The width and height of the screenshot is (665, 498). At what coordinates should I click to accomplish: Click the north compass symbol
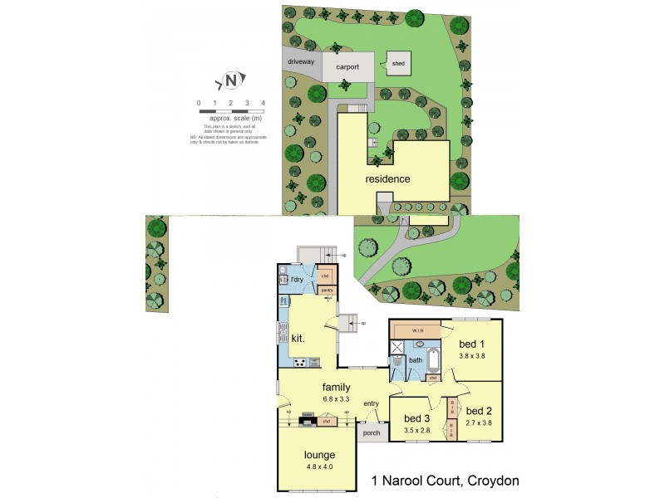click(232, 81)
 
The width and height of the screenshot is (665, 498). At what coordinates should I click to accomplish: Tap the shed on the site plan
click(398, 63)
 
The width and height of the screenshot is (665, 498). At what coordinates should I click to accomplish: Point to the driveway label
click(300, 62)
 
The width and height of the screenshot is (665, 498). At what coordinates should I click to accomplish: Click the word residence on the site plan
click(387, 178)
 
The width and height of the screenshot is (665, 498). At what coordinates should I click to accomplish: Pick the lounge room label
click(319, 455)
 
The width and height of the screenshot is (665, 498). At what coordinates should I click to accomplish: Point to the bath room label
click(416, 359)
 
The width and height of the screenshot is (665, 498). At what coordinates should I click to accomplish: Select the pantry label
click(327, 290)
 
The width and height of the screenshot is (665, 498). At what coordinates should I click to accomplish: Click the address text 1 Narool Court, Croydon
click(445, 481)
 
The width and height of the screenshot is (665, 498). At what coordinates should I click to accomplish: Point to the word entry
click(370, 403)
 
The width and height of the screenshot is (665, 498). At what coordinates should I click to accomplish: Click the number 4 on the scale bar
click(263, 102)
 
